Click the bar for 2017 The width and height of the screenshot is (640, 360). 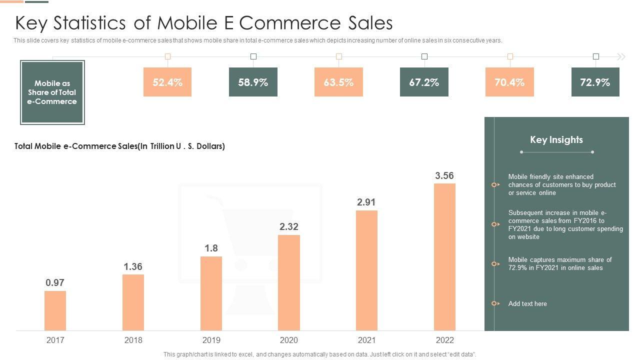coord(55,310)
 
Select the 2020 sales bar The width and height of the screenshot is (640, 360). coord(289,282)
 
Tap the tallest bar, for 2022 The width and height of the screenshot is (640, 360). coord(444,257)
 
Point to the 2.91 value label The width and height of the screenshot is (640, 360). coord(366,202)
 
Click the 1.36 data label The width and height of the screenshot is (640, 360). coord(133,266)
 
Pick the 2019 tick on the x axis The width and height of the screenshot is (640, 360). coord(211,340)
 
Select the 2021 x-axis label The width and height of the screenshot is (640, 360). coord(366,340)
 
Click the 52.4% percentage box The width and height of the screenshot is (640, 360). coord(167,82)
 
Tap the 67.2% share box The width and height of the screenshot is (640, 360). coord(424,82)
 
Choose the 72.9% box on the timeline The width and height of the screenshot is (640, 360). coord(595,82)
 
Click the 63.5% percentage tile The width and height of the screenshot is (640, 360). coord(338,82)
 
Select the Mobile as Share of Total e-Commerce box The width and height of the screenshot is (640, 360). coord(52,92)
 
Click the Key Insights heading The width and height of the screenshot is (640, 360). coord(556,140)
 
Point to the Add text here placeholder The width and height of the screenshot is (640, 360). coord(527,303)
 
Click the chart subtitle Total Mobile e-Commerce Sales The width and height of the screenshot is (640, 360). coord(120,146)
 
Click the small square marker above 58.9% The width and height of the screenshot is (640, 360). coord(253,56)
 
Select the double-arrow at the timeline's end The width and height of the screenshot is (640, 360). coord(621,57)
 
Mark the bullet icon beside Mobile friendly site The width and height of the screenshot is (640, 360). coord(495,185)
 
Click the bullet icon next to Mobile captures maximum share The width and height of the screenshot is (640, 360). coord(495,263)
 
